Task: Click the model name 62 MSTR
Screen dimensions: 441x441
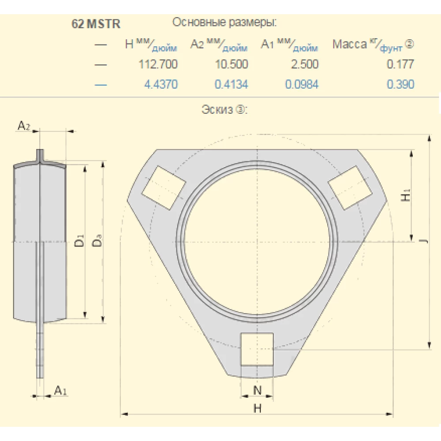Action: click(96, 24)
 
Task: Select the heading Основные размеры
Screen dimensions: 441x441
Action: click(224, 22)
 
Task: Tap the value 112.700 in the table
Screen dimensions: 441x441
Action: click(158, 64)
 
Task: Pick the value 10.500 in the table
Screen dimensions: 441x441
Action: click(231, 64)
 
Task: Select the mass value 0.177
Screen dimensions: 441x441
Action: click(400, 64)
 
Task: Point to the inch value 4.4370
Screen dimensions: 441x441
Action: click(161, 84)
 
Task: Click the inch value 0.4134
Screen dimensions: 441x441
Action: click(231, 84)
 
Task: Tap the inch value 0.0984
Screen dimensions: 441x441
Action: click(302, 84)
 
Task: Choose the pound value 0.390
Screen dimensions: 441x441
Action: click(400, 84)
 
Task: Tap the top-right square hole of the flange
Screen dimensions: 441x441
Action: click(351, 187)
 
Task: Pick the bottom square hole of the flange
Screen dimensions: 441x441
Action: click(257, 349)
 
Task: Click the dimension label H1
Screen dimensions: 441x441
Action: click(407, 195)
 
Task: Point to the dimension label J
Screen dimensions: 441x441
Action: click(422, 242)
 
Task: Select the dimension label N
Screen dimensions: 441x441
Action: click(258, 390)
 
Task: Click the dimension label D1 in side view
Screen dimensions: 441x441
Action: click(78, 241)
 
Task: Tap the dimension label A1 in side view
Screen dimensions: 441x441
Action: click(60, 390)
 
